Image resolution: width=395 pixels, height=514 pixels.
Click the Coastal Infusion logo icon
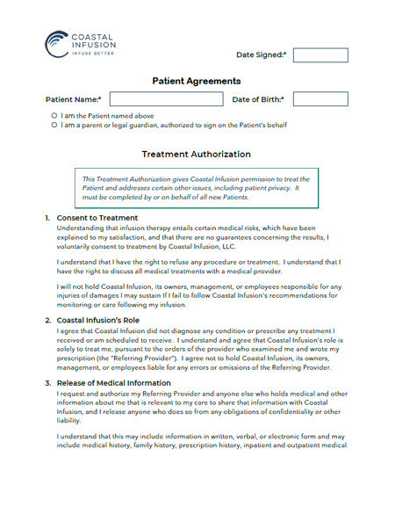tap(56, 42)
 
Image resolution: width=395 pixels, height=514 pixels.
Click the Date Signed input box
tap(320, 54)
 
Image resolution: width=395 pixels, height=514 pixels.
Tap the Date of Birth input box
tap(320, 99)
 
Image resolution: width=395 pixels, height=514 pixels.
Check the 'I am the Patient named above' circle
tap(54, 115)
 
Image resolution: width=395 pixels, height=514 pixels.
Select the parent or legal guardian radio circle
tap(54, 125)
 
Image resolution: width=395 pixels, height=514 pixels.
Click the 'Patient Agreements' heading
tap(197, 81)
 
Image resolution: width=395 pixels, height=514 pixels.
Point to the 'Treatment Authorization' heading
tap(197, 154)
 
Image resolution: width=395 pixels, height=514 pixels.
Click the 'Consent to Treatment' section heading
tap(97, 218)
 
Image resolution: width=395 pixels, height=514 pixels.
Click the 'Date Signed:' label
tap(261, 55)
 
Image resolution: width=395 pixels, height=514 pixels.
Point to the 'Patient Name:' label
tap(73, 100)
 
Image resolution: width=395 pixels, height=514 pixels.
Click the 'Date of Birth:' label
tap(258, 100)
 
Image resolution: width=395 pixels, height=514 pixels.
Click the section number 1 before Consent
tap(47, 218)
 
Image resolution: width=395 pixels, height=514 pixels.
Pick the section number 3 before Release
tap(47, 383)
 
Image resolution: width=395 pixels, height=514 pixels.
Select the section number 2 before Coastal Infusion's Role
tap(47, 321)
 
